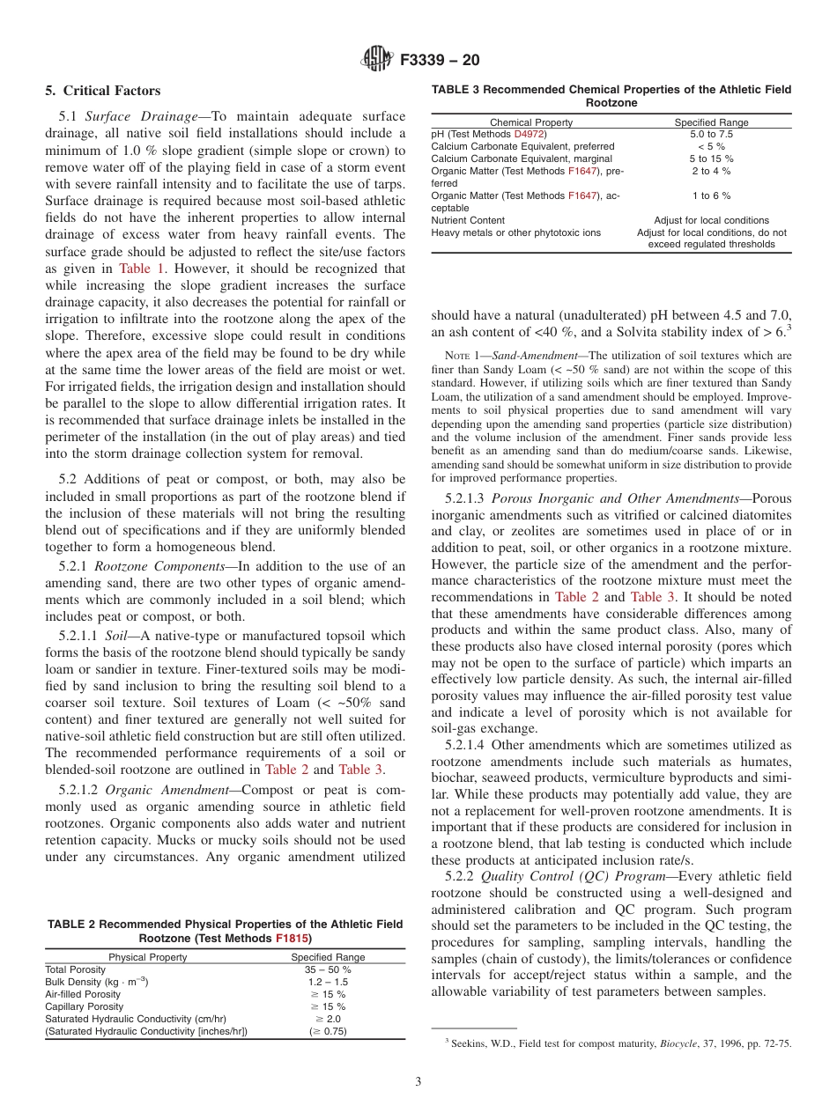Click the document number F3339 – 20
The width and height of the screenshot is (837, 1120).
[x=440, y=60]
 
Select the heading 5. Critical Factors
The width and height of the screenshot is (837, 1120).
[x=103, y=91]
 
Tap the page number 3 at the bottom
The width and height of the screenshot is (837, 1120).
[x=418, y=1081]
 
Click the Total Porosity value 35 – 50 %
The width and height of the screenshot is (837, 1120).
[x=328, y=969]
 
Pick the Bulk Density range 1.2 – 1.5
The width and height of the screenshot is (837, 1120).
[x=328, y=982]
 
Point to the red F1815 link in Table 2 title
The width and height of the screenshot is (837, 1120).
[x=293, y=939]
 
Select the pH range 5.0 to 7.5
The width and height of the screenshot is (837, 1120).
[x=711, y=134]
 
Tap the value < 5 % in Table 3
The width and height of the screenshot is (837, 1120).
[x=711, y=146]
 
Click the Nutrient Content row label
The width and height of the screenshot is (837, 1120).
[x=468, y=220]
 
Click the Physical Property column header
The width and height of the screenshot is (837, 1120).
[x=147, y=957]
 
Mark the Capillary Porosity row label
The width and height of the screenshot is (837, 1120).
[x=84, y=1006]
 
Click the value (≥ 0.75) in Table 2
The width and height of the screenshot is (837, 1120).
[x=328, y=1031]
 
